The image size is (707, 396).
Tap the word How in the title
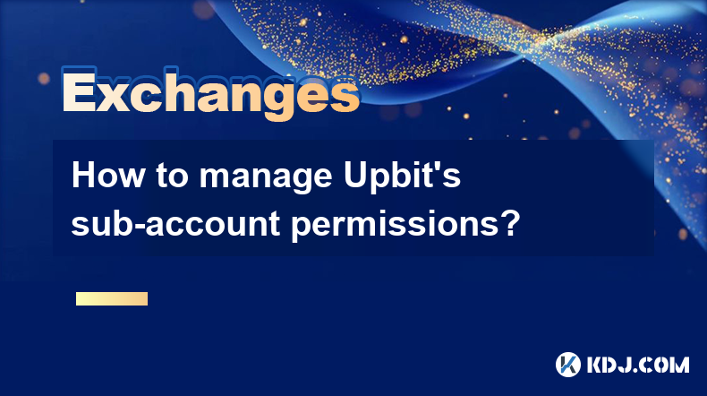pos(107,176)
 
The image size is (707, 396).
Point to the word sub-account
pos(175,222)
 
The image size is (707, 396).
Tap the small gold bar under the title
pos(112,298)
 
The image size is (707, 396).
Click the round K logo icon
pos(567,365)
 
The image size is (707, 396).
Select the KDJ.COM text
pos(637,365)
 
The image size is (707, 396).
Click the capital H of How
pos(83,176)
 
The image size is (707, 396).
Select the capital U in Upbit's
pos(356,176)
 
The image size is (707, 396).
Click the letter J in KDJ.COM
pos(631,365)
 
